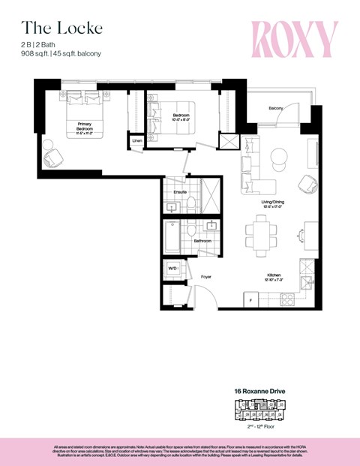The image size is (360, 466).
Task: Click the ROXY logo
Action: click(294, 39)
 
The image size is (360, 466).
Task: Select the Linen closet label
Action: click(137, 140)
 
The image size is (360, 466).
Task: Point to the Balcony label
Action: click(275, 108)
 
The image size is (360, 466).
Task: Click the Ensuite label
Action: click(180, 192)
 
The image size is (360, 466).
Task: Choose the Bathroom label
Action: click(202, 241)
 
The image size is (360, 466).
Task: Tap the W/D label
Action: click(172, 269)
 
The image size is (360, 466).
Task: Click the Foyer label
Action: click(205, 276)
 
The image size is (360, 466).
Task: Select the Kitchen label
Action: click(272, 276)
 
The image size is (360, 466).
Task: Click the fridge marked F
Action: click(247, 300)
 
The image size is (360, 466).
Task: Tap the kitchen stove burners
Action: click(286, 300)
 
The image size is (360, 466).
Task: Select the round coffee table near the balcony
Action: click(277, 156)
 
